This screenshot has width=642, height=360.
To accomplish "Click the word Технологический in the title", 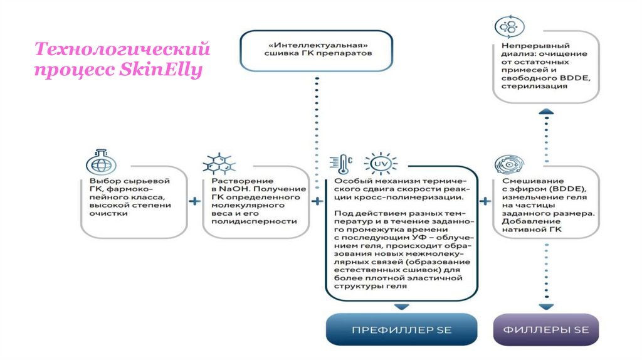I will pyautogui.click(x=122, y=49).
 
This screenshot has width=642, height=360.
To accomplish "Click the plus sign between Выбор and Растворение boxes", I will pyautogui.click(x=195, y=201).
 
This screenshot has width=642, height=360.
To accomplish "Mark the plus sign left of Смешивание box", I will pyautogui.click(x=485, y=201).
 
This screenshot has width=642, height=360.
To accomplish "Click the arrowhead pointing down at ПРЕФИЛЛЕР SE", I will pyautogui.click(x=401, y=306).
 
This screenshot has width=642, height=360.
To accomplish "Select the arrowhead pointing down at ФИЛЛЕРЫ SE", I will pyautogui.click(x=546, y=306).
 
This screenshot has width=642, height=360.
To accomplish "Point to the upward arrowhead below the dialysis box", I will pyautogui.click(x=546, y=111).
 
